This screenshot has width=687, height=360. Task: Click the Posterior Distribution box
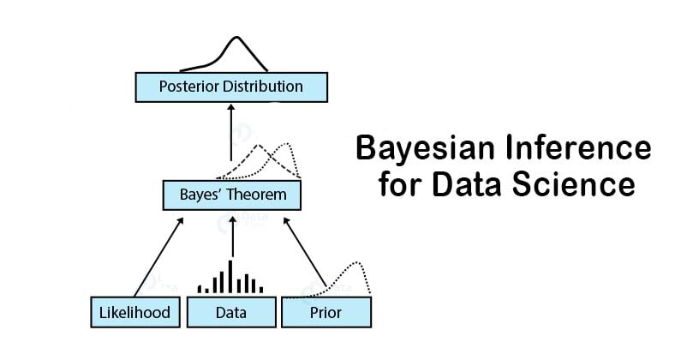[230, 87]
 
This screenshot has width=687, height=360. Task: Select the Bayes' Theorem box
[232, 195]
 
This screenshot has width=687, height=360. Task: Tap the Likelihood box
[135, 312]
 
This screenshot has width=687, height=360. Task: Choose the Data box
[231, 312]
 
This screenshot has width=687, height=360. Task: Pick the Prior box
[326, 312]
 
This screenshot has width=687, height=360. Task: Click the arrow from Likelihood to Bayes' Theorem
[159, 255]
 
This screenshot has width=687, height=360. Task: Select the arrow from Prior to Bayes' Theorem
[304, 255]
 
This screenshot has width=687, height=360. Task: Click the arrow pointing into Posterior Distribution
[230, 133]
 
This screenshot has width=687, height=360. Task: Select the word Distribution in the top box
[263, 87]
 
